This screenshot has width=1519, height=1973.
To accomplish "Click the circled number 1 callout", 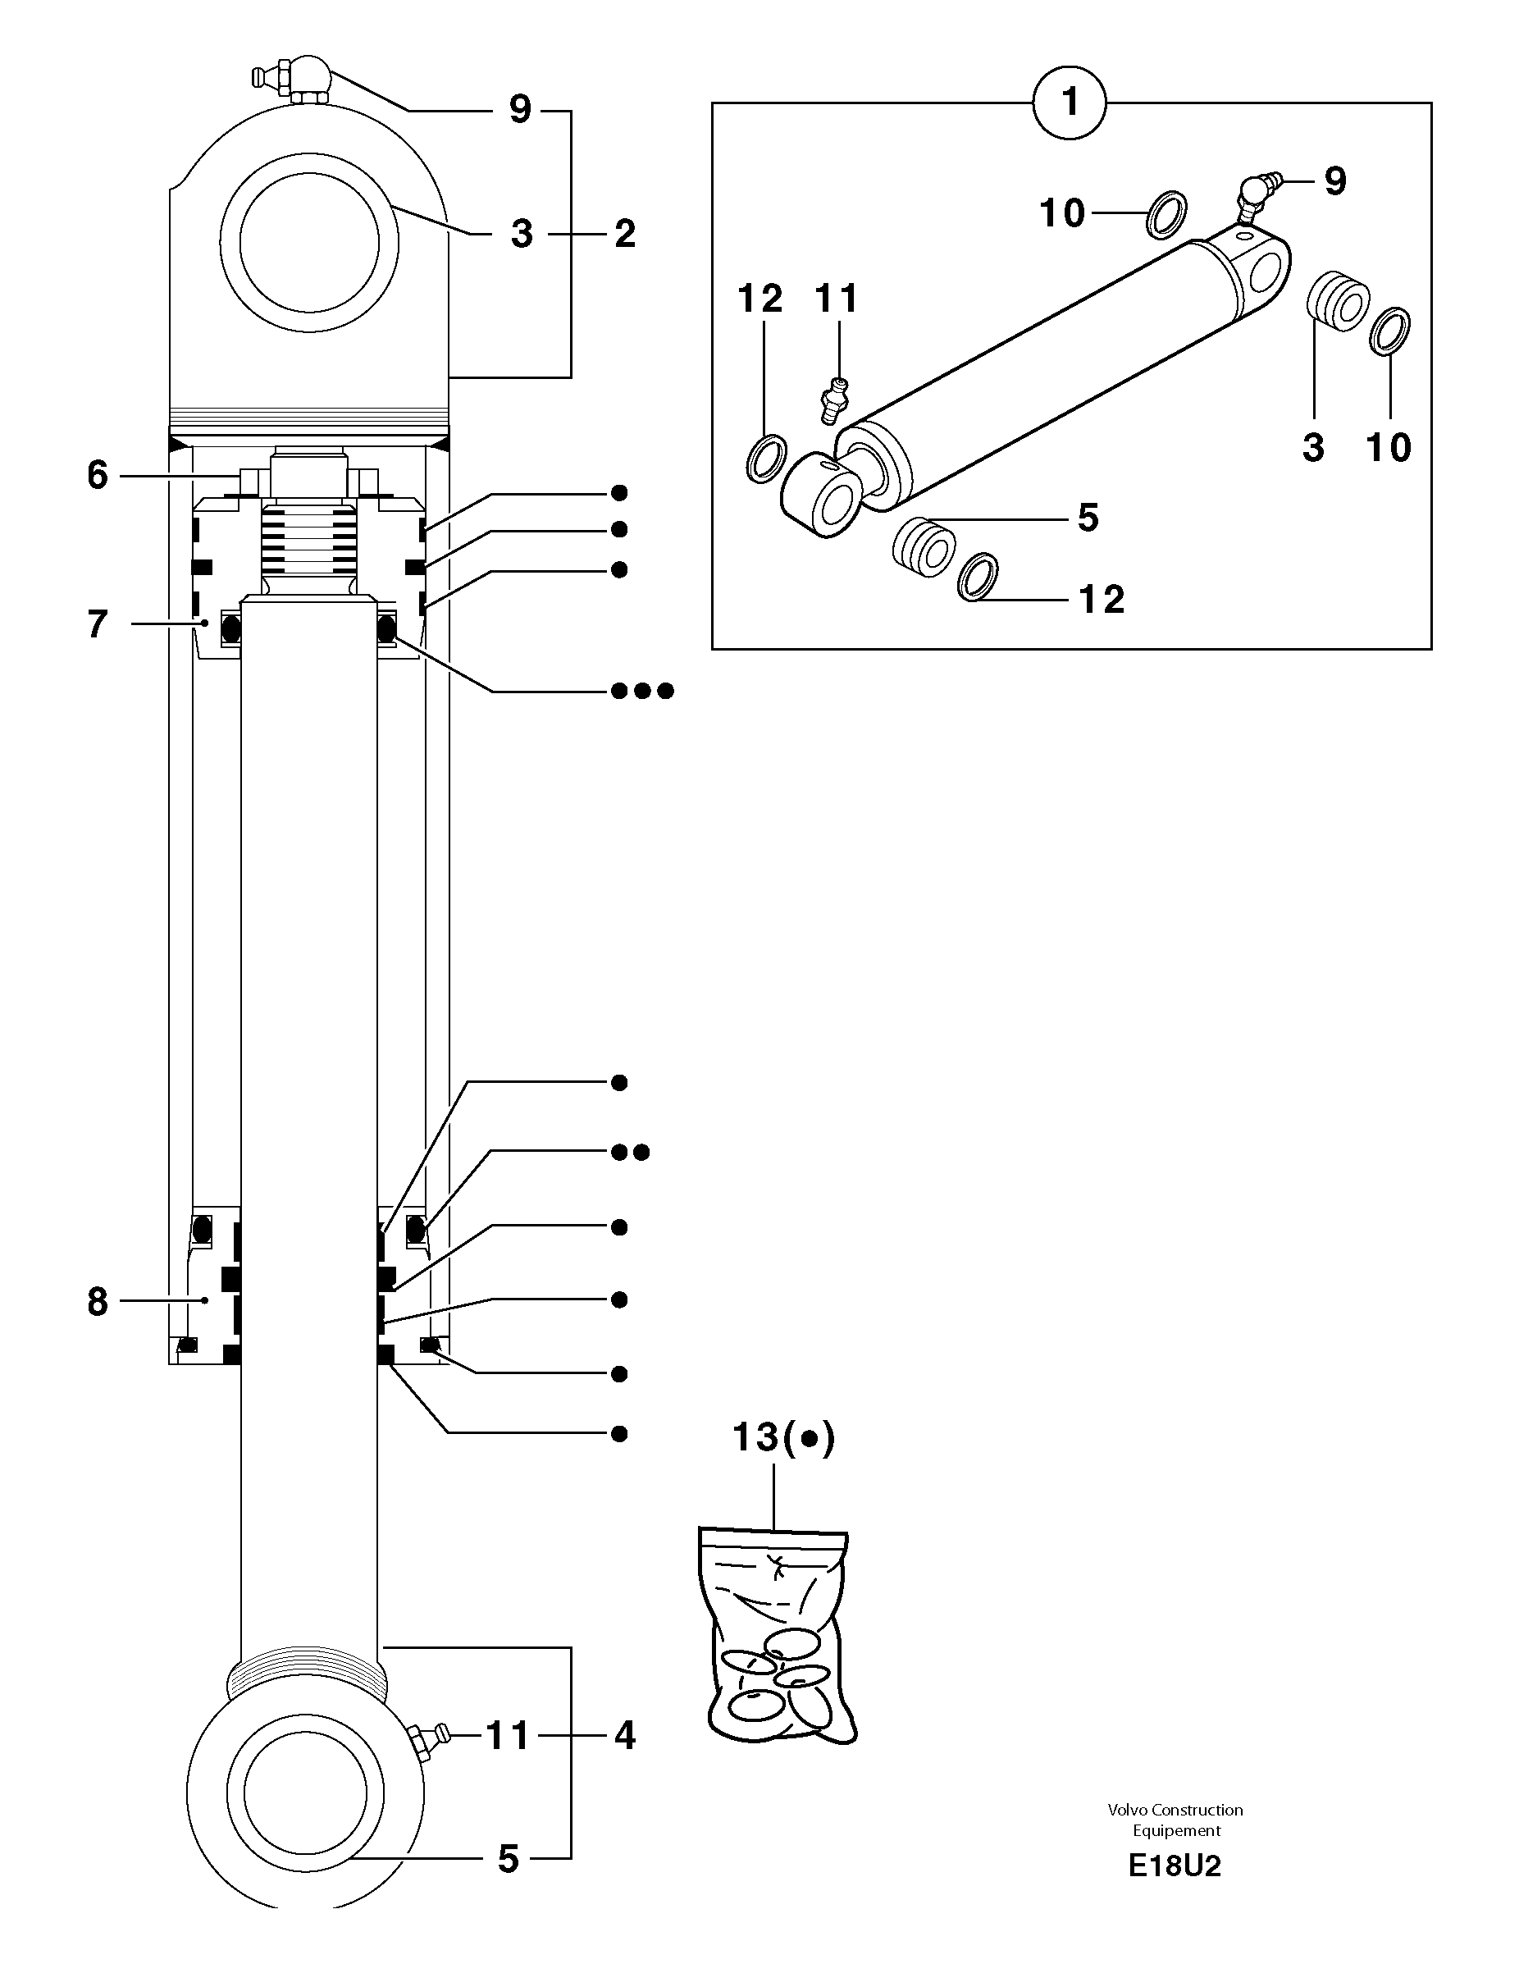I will [x=1070, y=102].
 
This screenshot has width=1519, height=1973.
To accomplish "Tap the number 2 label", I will [x=625, y=234].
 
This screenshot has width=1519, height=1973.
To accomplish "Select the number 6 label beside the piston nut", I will [x=98, y=475].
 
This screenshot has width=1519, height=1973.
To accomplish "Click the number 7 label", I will [x=98, y=624].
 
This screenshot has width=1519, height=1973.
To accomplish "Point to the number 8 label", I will [x=98, y=1302].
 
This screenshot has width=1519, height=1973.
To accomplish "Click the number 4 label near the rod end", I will [x=625, y=1735].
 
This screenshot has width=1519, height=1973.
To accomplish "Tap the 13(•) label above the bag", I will [x=782, y=1437].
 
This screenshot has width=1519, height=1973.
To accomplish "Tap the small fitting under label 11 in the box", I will [x=832, y=401].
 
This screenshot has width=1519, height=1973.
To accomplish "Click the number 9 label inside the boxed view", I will [x=1334, y=181].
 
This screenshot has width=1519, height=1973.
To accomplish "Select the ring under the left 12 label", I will [x=767, y=458].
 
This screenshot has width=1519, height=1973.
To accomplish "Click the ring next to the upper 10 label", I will [x=1167, y=215].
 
